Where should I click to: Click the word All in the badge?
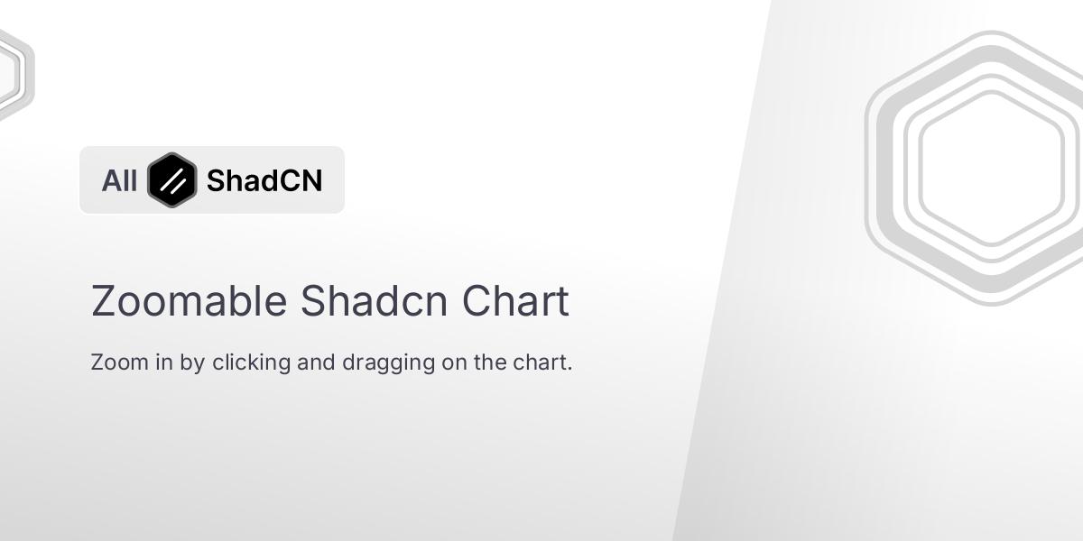[x=119, y=180]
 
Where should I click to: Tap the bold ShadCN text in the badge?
[x=264, y=180]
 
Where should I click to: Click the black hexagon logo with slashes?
[x=171, y=179]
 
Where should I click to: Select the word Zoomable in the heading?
[x=189, y=301]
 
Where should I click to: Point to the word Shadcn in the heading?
[x=374, y=301]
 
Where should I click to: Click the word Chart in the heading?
[x=515, y=301]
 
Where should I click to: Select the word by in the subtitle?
[x=193, y=363]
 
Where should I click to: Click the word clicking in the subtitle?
[x=251, y=362]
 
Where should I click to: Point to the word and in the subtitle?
[x=316, y=362]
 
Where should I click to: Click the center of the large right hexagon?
[x=991, y=169]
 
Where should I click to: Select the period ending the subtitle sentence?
[x=570, y=369]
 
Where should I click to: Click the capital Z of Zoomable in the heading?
[x=103, y=301]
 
